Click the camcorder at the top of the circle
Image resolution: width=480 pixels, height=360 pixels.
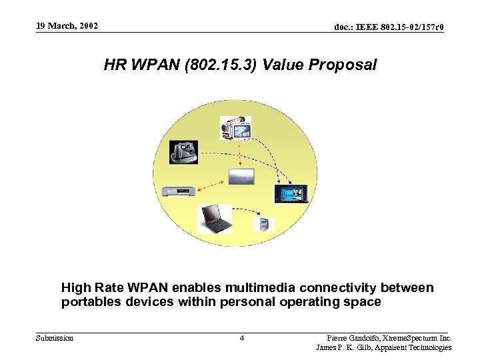click(x=235, y=129)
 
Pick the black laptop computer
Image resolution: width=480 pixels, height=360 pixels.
click(x=215, y=218)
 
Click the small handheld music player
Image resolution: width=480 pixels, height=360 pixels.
click(x=264, y=223)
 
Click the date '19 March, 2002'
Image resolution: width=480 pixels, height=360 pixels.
click(x=67, y=26)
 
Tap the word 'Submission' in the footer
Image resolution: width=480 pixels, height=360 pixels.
click(x=55, y=338)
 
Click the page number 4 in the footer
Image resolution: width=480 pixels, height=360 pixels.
click(x=242, y=339)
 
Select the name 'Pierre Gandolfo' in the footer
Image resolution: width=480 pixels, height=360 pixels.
click(x=353, y=338)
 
